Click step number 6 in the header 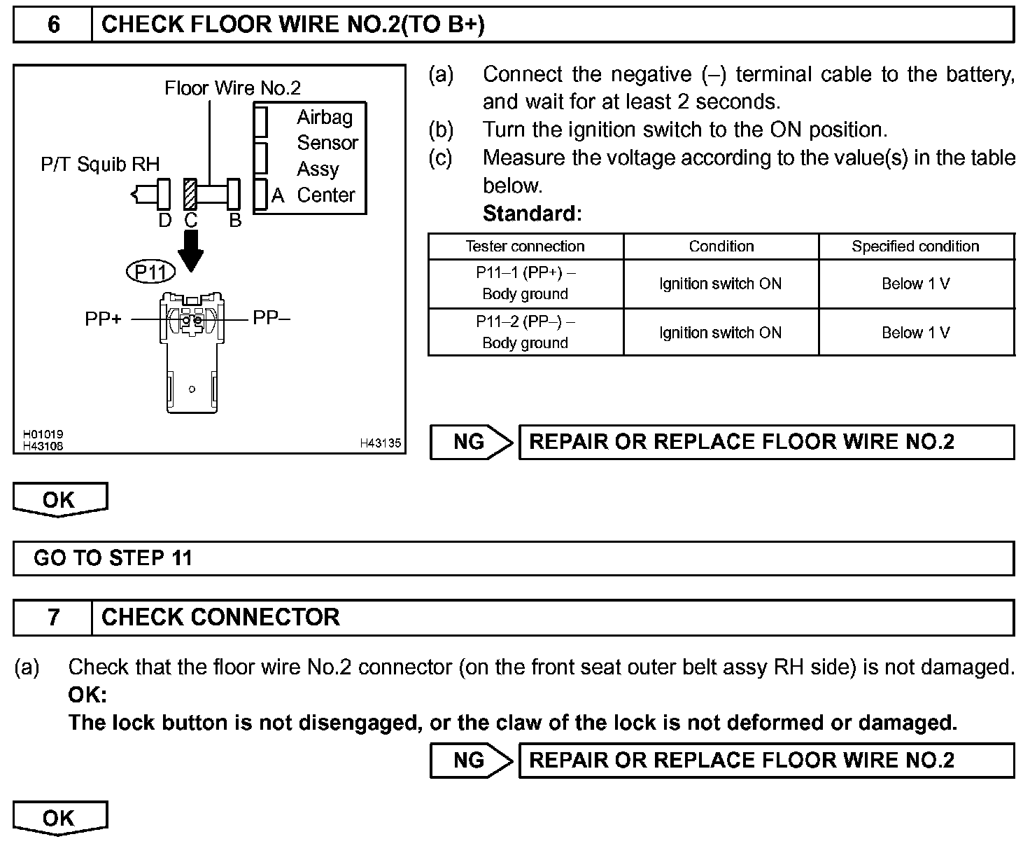coord(53,25)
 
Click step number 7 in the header coord(53,617)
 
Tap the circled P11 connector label coord(150,271)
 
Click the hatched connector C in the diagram coord(190,194)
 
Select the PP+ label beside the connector coord(103,319)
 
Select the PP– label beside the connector coord(271,319)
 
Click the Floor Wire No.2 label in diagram coord(232,88)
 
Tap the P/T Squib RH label coord(100,165)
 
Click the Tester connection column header coord(525,247)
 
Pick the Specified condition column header coord(915,247)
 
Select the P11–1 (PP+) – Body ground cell coord(525,284)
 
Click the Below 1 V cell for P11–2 coord(915,333)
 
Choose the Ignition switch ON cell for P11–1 coord(720,284)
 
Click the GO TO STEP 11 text coord(113,558)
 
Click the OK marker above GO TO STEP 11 coord(59,499)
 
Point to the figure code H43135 coord(380,443)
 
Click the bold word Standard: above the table coord(532,214)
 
